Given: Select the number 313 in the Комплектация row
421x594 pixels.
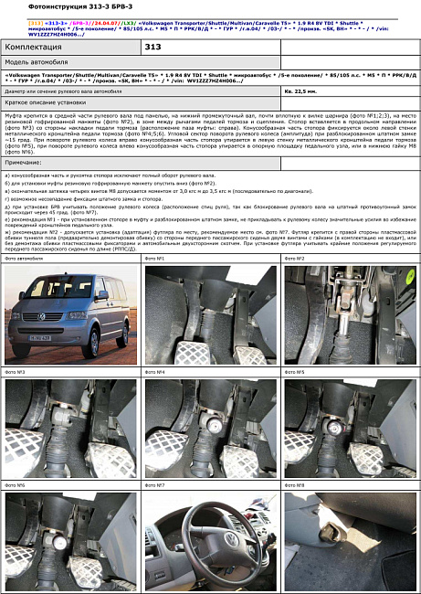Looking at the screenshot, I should pyautogui.click(x=153, y=47).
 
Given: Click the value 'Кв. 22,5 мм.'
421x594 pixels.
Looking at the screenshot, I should pyautogui.click(x=301, y=92).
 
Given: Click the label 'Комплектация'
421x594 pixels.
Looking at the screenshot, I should pyautogui.click(x=35, y=47).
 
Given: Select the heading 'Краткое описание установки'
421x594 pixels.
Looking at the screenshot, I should pyautogui.click(x=41, y=103).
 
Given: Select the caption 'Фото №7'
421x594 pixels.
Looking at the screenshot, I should pyautogui.click(x=155, y=484).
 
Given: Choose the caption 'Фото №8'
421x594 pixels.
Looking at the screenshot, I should pyautogui.click(x=295, y=484).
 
